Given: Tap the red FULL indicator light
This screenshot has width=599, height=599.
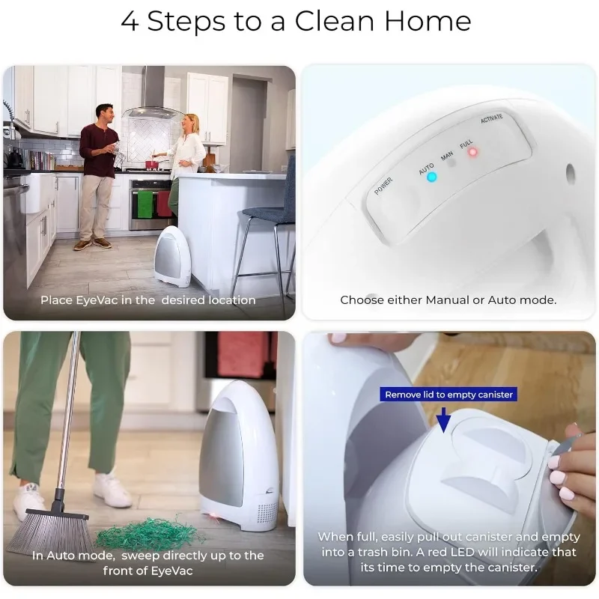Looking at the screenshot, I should [x=472, y=152].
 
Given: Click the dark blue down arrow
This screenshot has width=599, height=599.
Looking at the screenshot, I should [x=444, y=420].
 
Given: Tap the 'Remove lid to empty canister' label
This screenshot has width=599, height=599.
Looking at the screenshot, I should [x=449, y=395].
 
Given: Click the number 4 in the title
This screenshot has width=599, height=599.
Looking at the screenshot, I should [x=130, y=21].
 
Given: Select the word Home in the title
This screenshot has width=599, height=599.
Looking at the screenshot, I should [x=428, y=21].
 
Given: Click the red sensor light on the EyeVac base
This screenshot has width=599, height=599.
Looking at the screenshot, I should [x=212, y=517].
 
